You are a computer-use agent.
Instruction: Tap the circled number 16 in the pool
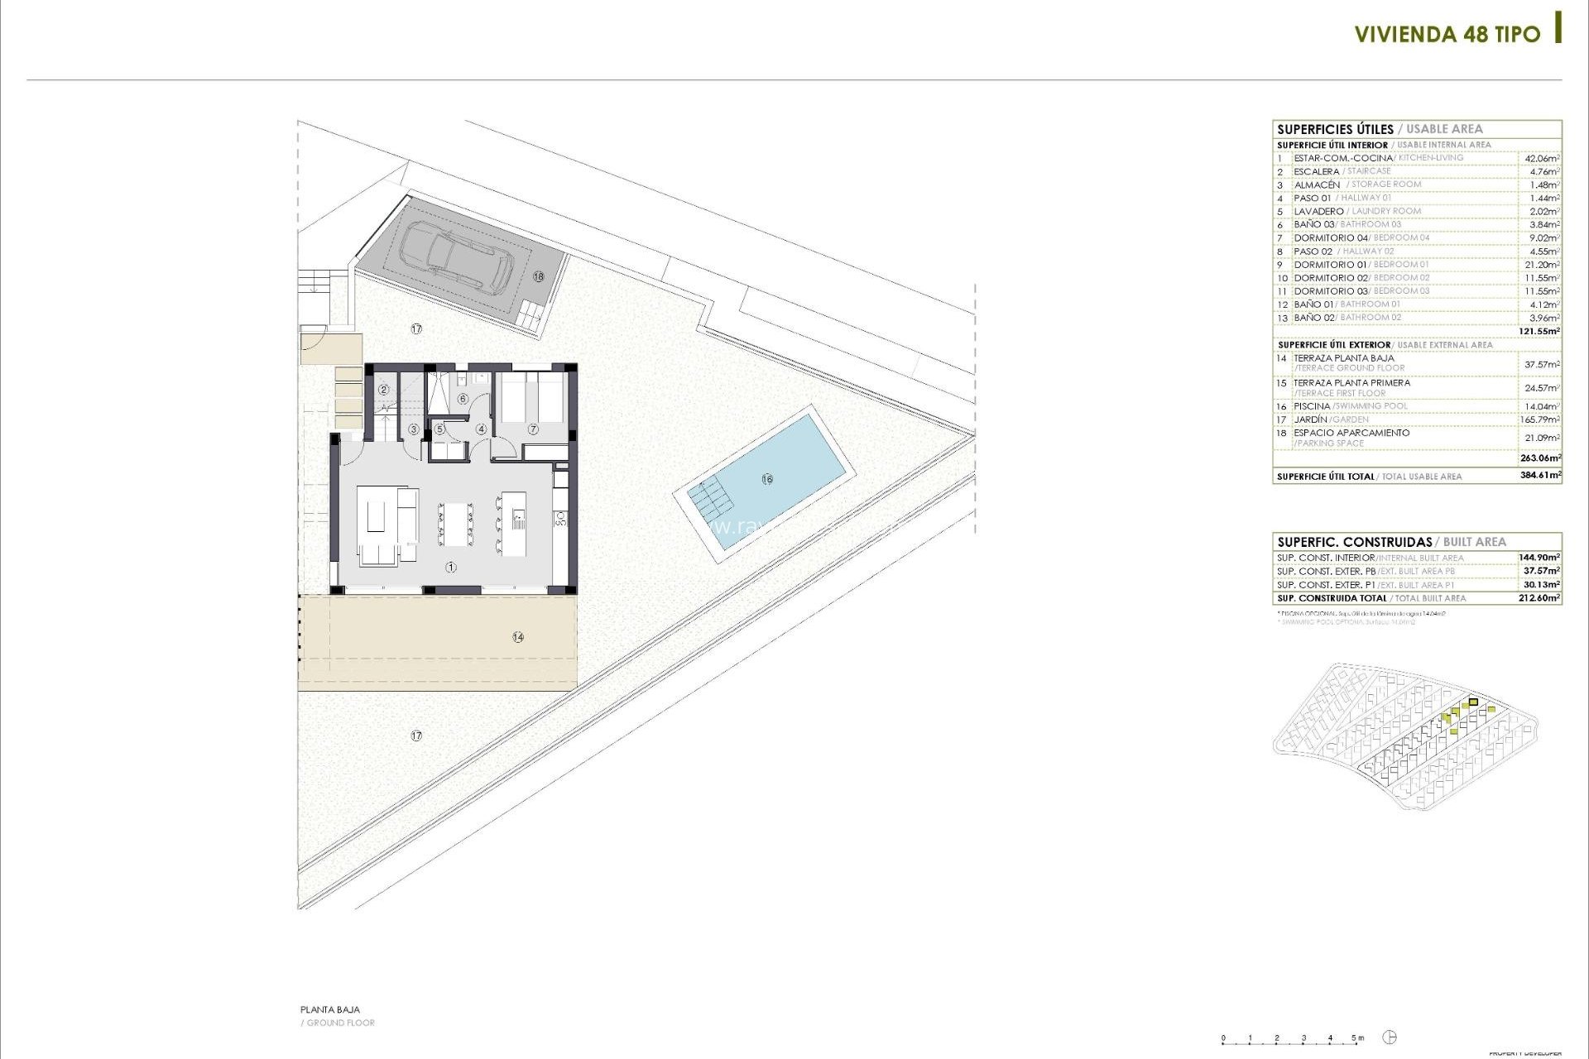coord(767,479)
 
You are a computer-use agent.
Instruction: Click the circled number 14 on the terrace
coord(518,637)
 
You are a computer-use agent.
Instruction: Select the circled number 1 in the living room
coord(451,568)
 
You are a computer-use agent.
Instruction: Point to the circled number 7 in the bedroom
coord(533,429)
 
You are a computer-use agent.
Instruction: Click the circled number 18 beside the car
coord(539,276)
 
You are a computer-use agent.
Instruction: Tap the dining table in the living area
coord(455,524)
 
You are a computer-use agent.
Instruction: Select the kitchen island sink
coord(517,521)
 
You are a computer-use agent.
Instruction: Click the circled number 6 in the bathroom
coord(463,400)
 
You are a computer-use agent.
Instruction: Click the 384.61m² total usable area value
coord(1540,476)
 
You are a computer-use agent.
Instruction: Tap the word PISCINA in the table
coord(1312,406)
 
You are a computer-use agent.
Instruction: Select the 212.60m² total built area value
coord(1540,597)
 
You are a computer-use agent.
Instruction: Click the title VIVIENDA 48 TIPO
coord(1447,35)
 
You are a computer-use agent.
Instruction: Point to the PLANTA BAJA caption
coord(330,1009)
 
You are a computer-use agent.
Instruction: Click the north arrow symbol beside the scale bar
coord(1390,1037)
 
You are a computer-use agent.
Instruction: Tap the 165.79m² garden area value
coord(1539,419)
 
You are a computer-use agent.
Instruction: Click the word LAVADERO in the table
coord(1318,211)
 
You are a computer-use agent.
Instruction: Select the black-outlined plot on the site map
coord(1473,702)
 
